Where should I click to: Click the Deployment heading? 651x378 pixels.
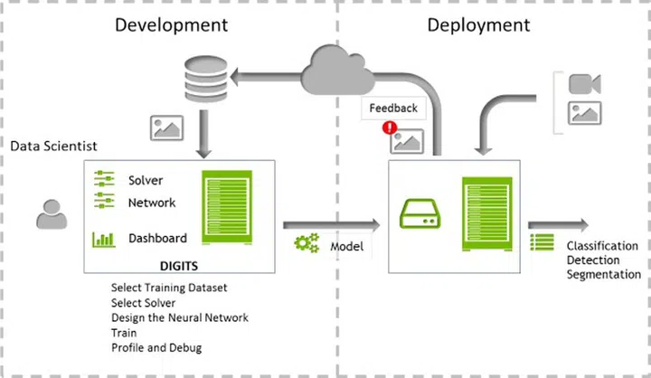(x=478, y=24)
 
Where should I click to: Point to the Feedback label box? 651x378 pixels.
(x=393, y=109)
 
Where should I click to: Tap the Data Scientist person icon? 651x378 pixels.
(x=51, y=213)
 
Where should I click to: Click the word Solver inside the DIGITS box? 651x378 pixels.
(x=146, y=181)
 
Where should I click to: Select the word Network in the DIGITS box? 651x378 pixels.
(x=152, y=203)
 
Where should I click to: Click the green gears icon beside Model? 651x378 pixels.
(x=307, y=244)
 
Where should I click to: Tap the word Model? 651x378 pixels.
(x=346, y=246)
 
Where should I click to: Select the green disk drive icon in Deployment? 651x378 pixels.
(x=421, y=216)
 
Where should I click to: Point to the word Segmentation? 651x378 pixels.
(x=603, y=274)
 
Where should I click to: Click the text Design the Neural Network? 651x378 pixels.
(x=179, y=317)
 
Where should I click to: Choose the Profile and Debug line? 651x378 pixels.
(x=157, y=346)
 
